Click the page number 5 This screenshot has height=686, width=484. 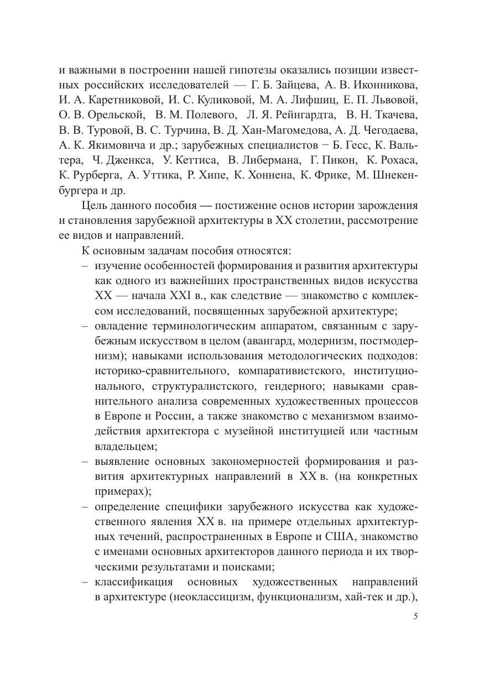(415, 617)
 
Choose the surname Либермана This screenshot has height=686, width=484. (273, 160)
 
